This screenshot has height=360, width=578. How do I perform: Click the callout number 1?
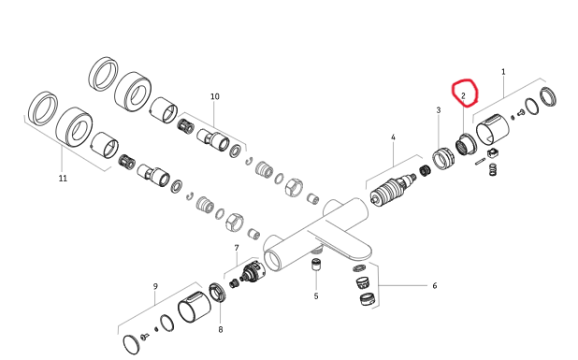[503, 71]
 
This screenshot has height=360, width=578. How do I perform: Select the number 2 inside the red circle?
[463, 95]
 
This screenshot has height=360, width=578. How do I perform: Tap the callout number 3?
[439, 109]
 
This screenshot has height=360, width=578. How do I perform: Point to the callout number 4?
[393, 137]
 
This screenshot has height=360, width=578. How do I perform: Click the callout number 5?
[316, 295]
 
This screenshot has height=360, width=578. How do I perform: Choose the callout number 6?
[435, 285]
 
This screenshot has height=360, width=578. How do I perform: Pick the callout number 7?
[237, 248]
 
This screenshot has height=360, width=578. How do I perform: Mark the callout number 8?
[221, 329]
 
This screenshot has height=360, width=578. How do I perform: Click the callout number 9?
[155, 286]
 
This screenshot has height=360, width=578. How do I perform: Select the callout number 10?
[215, 96]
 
